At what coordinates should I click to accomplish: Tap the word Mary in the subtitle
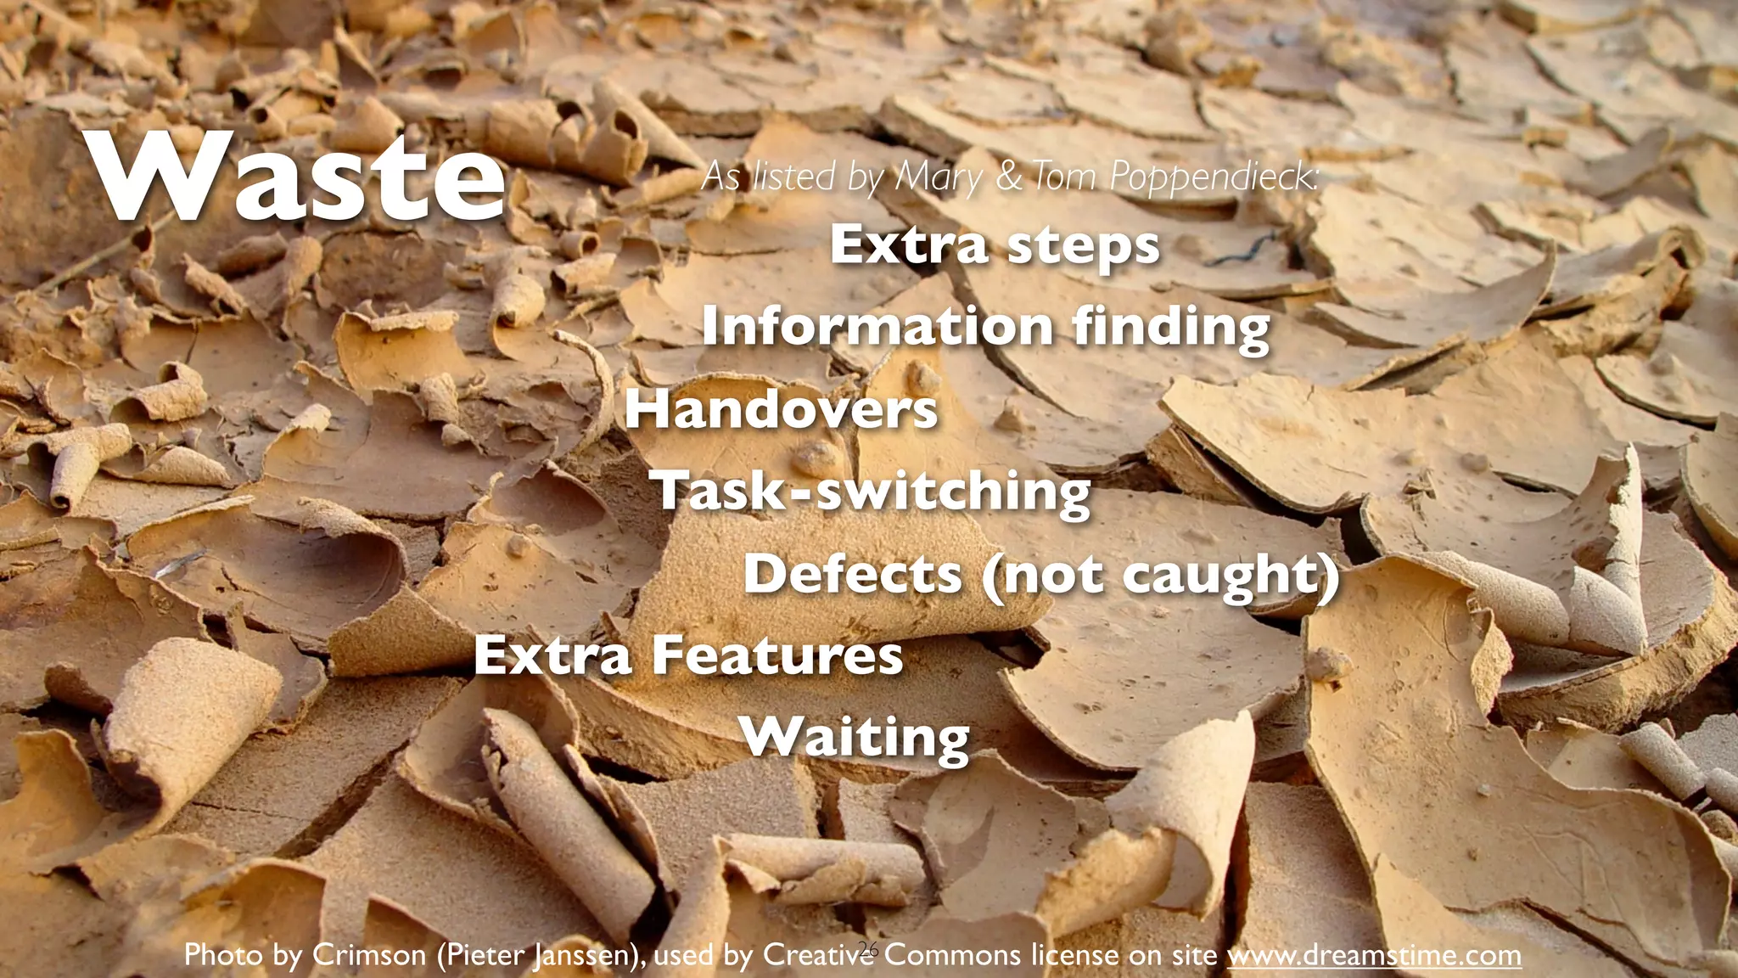click(x=939, y=177)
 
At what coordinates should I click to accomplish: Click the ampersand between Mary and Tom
click(x=1008, y=176)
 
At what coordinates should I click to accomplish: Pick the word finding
click(x=1171, y=328)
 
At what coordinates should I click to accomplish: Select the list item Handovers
click(x=782, y=409)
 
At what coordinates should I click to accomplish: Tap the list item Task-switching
click(x=871, y=492)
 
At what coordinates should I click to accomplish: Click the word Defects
click(x=853, y=574)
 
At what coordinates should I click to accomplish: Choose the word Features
click(x=777, y=655)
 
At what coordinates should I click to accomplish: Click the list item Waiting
click(x=855, y=738)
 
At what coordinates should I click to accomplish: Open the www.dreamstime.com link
click(x=1374, y=955)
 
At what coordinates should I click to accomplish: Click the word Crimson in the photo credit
click(x=369, y=955)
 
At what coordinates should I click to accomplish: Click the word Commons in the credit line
click(x=951, y=955)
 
